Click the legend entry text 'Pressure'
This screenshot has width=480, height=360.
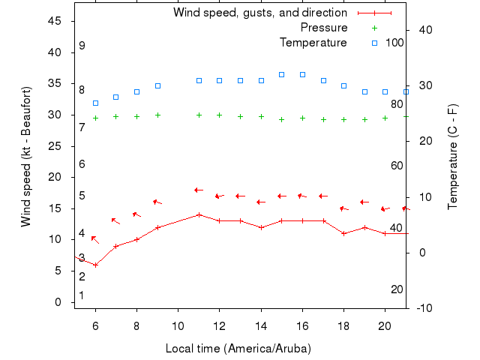[x=323, y=28]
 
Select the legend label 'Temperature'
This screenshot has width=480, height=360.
[x=313, y=43]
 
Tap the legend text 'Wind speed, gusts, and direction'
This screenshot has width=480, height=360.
[x=259, y=13]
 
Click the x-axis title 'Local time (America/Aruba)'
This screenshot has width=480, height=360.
[x=238, y=349]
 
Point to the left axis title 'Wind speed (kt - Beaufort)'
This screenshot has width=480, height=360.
[x=26, y=157]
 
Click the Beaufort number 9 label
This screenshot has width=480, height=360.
[x=82, y=46]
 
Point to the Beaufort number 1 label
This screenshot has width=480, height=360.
[x=82, y=295]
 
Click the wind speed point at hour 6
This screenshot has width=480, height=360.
[x=95, y=265]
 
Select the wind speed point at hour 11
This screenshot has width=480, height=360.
[x=199, y=214]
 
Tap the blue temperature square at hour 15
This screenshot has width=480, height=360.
[x=281, y=74]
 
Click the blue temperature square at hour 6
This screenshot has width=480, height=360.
[x=95, y=103]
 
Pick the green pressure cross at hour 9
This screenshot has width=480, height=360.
[x=157, y=115]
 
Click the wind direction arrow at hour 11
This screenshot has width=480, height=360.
[x=199, y=190]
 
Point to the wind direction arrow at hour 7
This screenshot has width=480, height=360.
[x=115, y=220]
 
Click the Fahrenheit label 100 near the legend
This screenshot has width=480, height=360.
[x=394, y=43]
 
